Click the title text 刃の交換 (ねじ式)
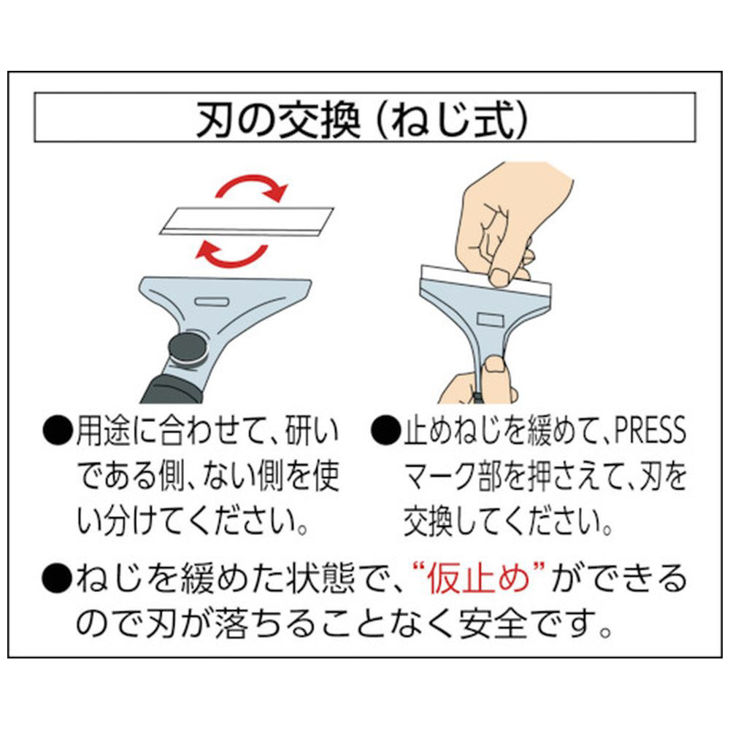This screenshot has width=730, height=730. [x=362, y=120]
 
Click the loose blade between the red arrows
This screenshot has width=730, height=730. [x=246, y=222]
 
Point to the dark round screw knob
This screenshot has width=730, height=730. [x=188, y=347]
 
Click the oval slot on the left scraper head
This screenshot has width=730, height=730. [x=212, y=301]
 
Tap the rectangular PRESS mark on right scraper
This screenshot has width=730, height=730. [x=491, y=320]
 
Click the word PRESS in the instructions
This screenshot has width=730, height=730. [x=650, y=430]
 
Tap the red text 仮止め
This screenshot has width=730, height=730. [x=478, y=579]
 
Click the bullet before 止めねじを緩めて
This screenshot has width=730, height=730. [x=385, y=431]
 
